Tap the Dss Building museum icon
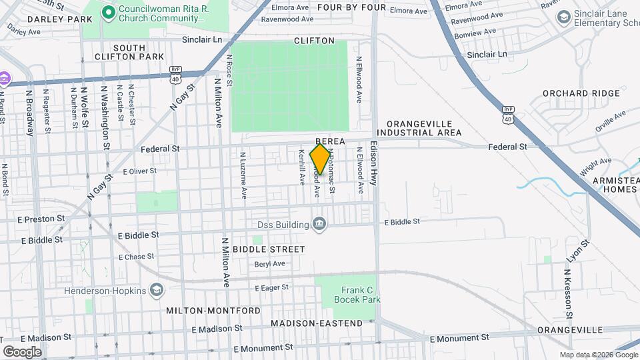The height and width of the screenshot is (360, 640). click(x=319, y=223)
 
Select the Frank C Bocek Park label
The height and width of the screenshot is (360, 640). click(x=361, y=295)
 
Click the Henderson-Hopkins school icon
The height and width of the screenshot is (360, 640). click(x=156, y=290)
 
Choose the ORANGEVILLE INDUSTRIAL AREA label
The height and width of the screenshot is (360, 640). click(x=423, y=128)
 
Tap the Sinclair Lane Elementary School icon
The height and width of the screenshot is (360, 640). click(x=563, y=16)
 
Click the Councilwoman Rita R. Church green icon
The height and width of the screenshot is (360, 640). click(x=107, y=11)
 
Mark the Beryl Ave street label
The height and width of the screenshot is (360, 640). click(x=269, y=264)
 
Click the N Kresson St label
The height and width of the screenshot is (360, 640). click(x=568, y=293)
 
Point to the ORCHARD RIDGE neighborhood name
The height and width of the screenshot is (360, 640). click(x=581, y=93)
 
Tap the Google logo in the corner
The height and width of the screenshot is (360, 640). click(x=22, y=351)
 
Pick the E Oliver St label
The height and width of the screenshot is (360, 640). click(x=139, y=171)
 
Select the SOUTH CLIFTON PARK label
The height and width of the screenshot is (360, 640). click(x=138, y=52)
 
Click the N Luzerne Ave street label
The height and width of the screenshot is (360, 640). click(x=243, y=175)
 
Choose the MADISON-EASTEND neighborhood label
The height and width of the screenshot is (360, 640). click(x=317, y=323)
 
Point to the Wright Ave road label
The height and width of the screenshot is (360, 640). click(x=595, y=166)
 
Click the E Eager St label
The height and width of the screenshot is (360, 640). click(x=271, y=287)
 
